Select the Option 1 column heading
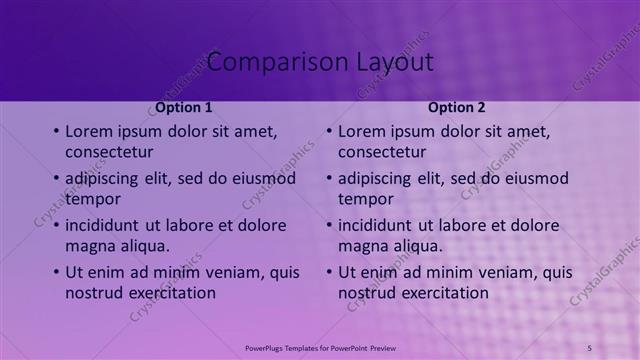(184, 107)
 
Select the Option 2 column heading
(457, 107)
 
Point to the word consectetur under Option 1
(109, 153)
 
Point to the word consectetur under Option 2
(382, 153)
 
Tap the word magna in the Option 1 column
(91, 246)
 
